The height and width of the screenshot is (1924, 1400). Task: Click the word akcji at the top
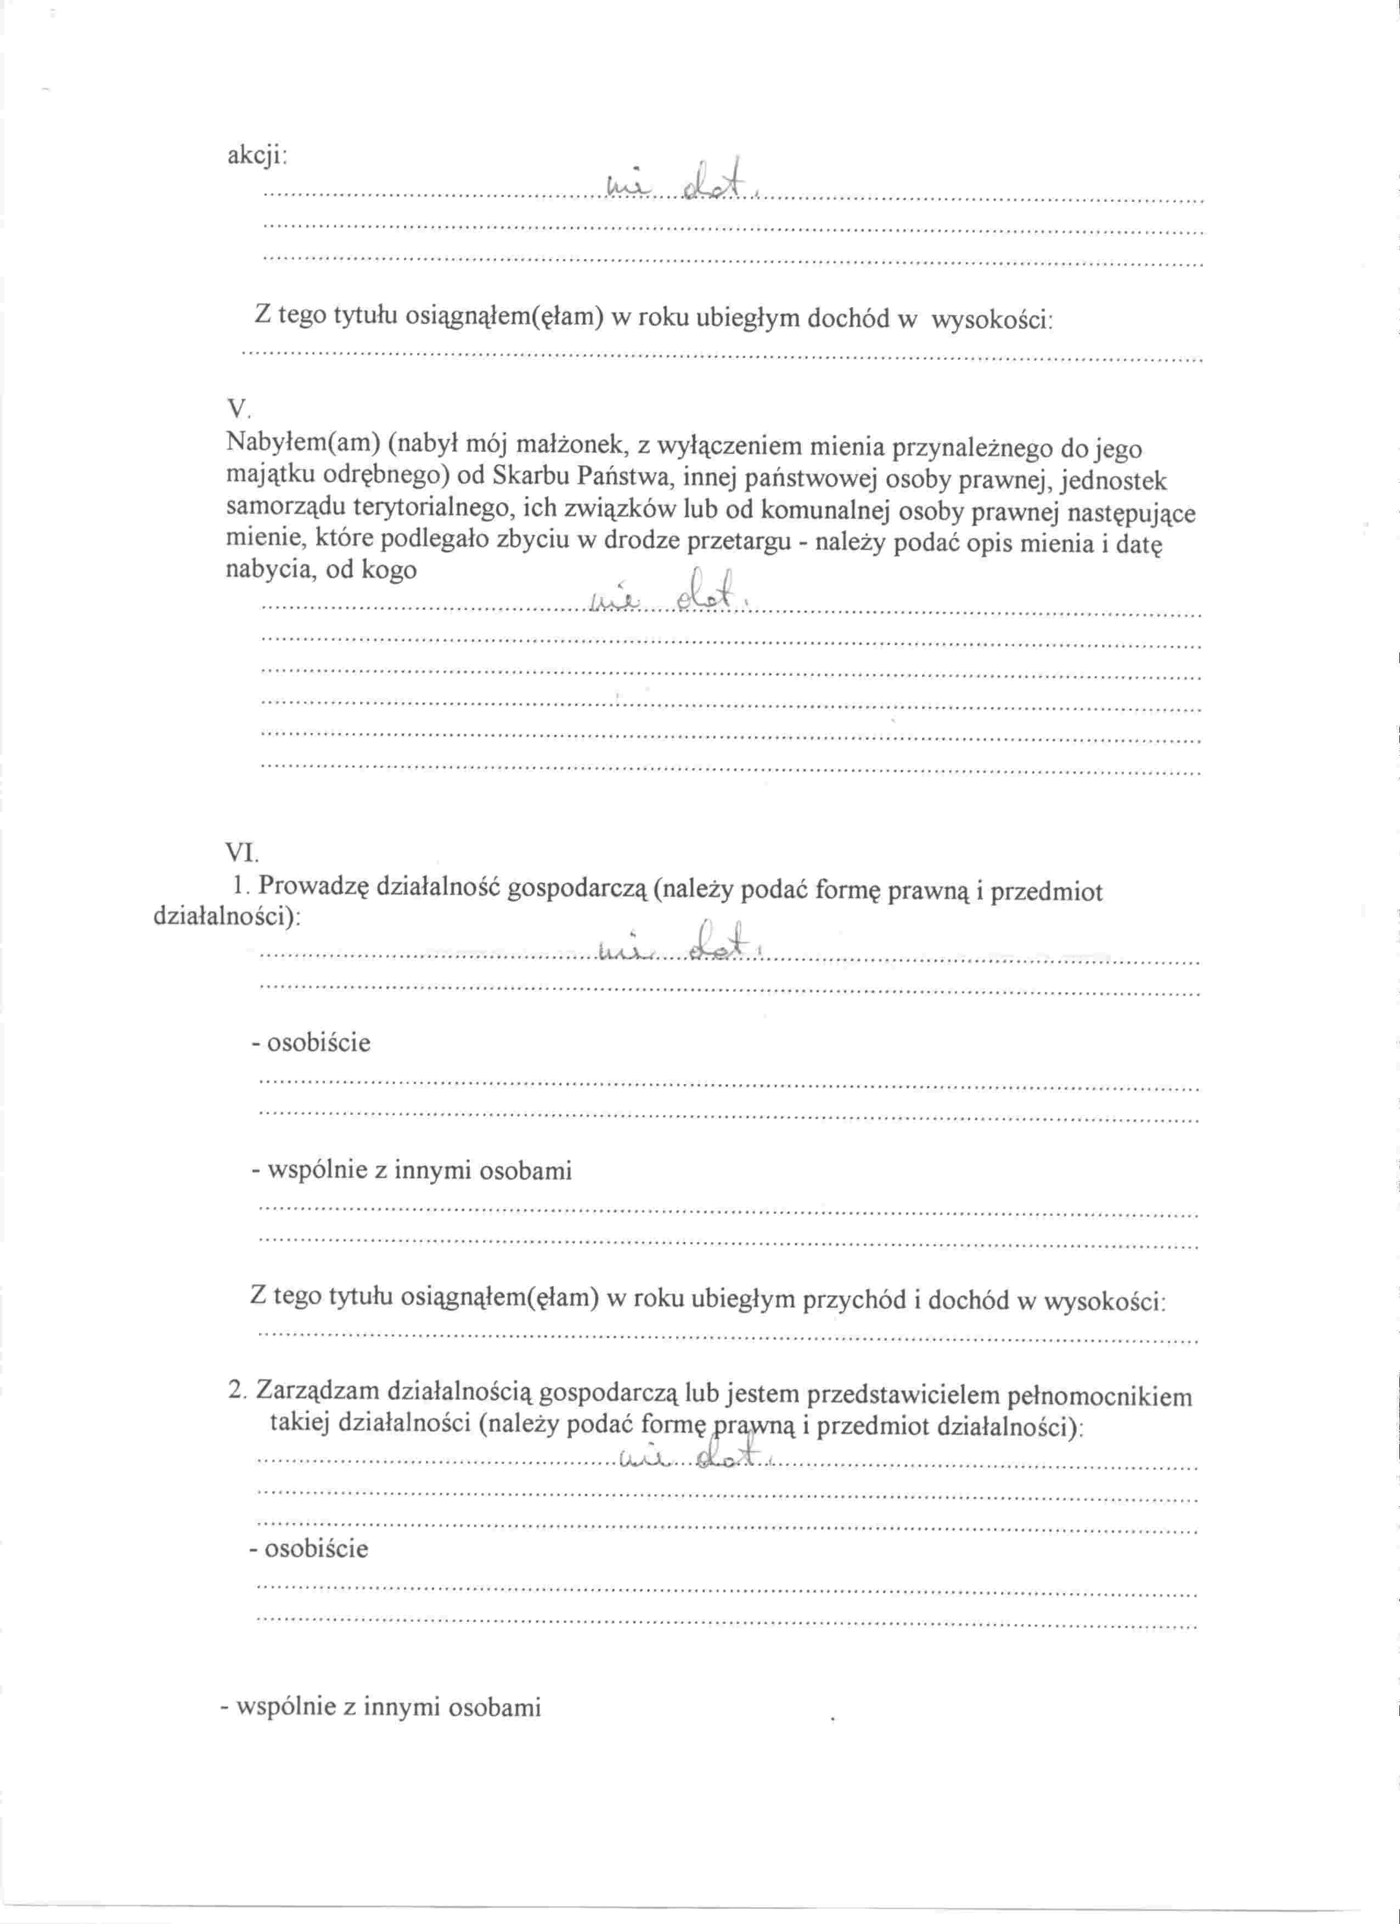256,156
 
